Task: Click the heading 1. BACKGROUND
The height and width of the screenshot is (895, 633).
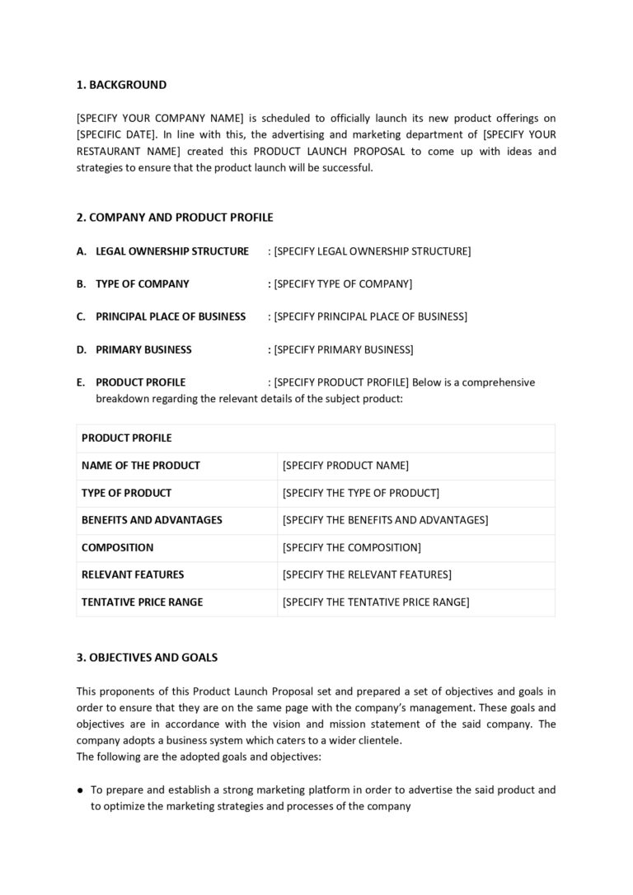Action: click(121, 85)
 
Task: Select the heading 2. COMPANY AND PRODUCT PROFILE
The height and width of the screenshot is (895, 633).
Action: click(175, 218)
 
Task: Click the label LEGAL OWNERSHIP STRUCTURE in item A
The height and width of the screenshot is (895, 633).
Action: click(171, 251)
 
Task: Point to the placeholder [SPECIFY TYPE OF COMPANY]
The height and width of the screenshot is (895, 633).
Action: click(343, 283)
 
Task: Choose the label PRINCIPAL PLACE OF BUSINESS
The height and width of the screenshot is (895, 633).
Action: click(171, 316)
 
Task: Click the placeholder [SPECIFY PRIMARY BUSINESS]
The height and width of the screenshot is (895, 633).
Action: click(344, 349)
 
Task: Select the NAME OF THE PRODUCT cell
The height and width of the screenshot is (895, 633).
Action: click(141, 466)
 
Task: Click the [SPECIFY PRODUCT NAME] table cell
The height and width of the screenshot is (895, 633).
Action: click(345, 466)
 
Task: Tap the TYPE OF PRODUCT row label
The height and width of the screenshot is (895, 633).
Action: click(126, 493)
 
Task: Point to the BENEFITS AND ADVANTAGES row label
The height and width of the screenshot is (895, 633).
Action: click(152, 520)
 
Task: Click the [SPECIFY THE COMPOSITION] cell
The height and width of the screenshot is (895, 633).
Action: click(351, 547)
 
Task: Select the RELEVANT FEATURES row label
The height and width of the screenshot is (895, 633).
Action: click(133, 574)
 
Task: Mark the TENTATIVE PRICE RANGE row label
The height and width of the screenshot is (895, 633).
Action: click(142, 602)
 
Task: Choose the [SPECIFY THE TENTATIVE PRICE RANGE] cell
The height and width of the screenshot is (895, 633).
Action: click(376, 602)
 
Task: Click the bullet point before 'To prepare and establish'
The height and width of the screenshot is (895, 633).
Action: click(80, 790)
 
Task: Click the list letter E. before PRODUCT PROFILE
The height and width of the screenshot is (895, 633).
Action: click(81, 382)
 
